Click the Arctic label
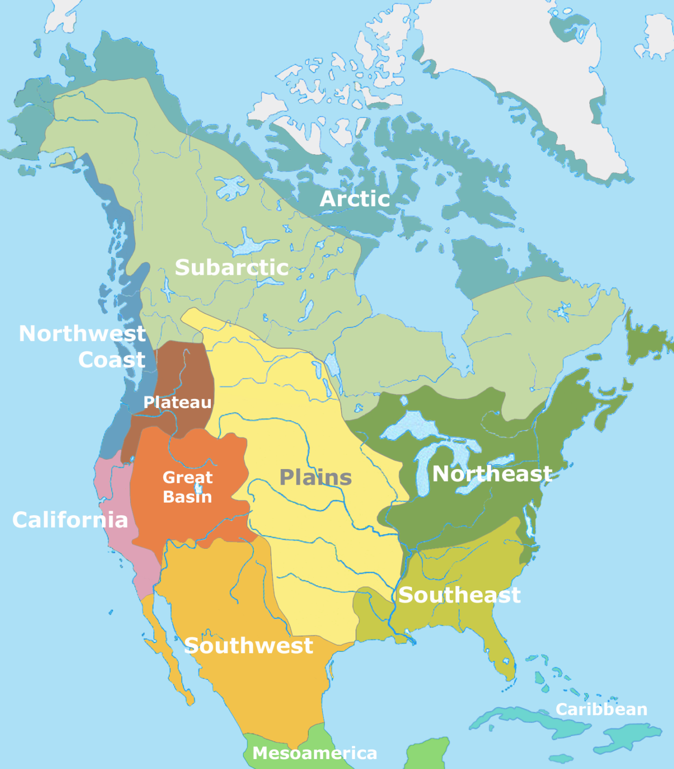pos(355,199)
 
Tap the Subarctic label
pos(231,267)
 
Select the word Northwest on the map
pos(82,333)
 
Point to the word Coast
pos(112,359)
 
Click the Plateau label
pos(177,402)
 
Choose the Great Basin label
pos(187,487)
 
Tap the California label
pos(70,520)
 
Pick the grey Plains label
pos(315,477)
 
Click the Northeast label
pos(492,474)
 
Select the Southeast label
pos(459,595)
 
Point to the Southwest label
pos(248,645)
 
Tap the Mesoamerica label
pos(314,753)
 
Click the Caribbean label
pos(601,709)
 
